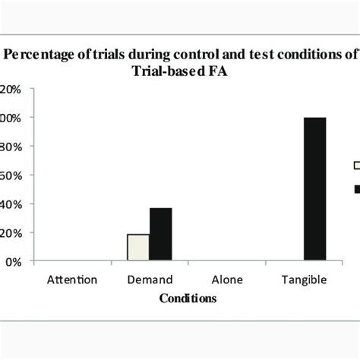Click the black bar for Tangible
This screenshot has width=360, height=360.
click(314, 189)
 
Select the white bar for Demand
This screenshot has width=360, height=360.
click(137, 247)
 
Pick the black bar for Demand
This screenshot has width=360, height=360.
click(160, 234)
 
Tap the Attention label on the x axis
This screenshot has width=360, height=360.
click(73, 279)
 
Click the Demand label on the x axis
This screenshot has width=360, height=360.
click(150, 279)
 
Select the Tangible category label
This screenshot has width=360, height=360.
click(304, 279)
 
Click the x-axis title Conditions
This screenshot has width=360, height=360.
click(188, 299)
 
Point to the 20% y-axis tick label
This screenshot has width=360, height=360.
click(11, 233)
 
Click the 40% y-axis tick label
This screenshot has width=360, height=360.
click(11, 204)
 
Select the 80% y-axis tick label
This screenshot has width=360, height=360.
click(11, 147)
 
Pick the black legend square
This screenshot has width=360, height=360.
click(355, 188)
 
